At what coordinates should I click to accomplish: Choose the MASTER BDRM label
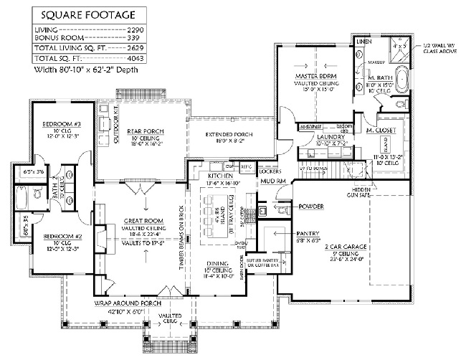[312, 75]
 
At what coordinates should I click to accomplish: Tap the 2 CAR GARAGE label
[365, 246]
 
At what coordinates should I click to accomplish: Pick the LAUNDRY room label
[313, 138]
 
